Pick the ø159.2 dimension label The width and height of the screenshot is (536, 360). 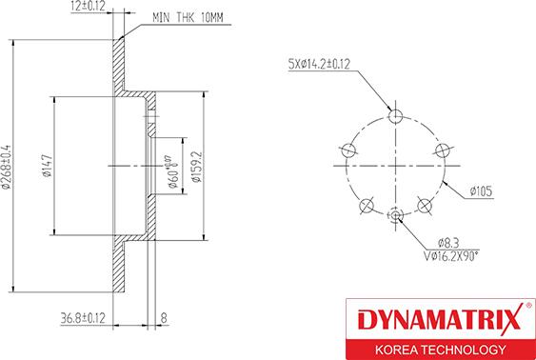coord(195,164)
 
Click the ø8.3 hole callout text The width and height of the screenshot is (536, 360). coord(447,244)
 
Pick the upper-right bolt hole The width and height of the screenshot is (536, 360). coord(442,150)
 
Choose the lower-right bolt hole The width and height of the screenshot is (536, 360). coord(425,206)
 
